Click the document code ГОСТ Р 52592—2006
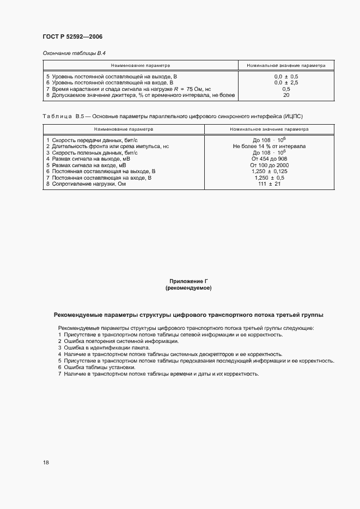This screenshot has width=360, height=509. pos(72,37)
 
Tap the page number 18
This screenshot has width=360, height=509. pos(46,463)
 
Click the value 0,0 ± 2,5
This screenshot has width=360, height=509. pos(286,83)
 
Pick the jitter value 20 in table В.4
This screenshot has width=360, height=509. pos(286,95)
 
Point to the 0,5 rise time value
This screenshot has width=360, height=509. pos(286,89)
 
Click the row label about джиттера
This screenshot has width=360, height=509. pos(141,95)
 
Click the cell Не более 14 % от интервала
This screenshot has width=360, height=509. pos(269,146)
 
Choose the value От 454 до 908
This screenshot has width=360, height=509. pos(269,159)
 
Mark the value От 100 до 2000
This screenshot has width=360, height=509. pos(269,165)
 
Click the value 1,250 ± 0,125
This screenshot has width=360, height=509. pos(269,171)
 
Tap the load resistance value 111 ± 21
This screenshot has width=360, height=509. pos(269,184)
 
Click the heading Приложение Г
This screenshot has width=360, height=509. pos(188,281)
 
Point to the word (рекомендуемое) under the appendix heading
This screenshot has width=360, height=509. pos(188,287)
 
